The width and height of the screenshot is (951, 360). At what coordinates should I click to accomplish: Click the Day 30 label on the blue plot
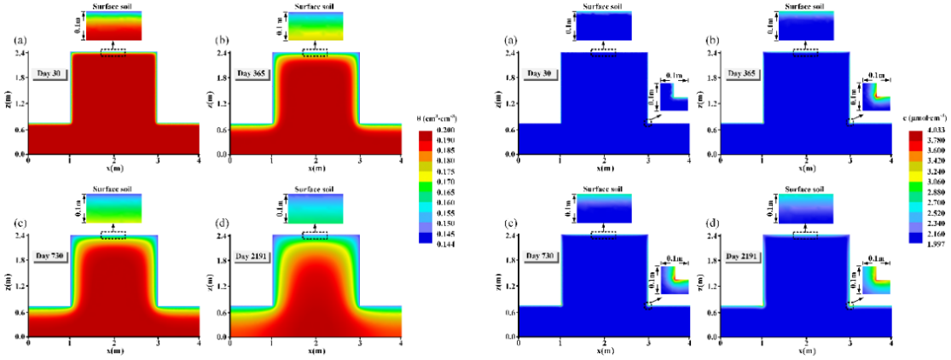point(541,73)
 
